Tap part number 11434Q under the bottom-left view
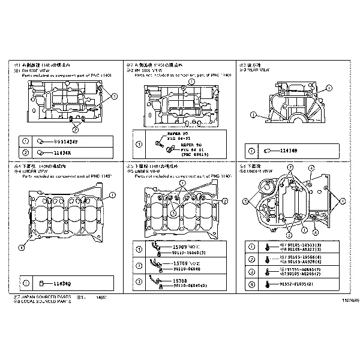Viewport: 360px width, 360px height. point(62,283)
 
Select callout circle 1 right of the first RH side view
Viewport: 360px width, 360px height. point(114,96)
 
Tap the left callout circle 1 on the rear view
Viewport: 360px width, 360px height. point(253,114)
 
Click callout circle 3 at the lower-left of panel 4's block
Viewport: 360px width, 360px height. point(22,247)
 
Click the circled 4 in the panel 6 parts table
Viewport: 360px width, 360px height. point(252,283)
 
